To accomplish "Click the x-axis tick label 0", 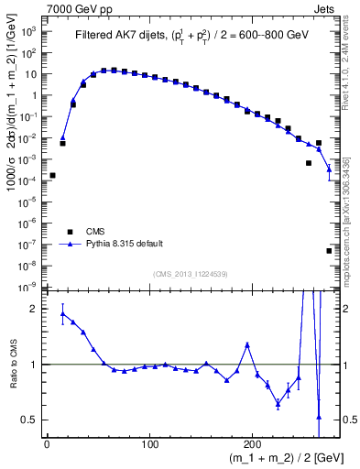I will coord(47,443).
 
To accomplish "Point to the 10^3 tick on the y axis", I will coord(31,31).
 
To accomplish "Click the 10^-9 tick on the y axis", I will coord(31,287).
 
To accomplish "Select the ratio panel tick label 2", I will coord(36,309).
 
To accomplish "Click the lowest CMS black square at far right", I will coord(329,250).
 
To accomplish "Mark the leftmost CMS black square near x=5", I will coord(52,175).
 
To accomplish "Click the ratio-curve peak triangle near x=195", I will coord(247,344).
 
